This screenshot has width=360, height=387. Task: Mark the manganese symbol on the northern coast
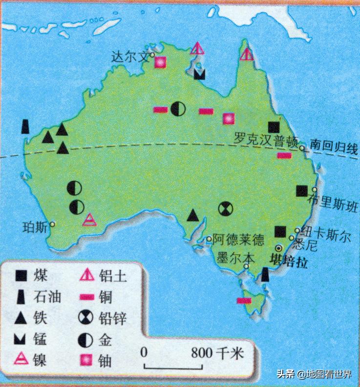[x=199, y=74]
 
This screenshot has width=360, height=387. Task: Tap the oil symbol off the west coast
[x=25, y=126]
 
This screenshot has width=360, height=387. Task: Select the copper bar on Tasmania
[x=244, y=301]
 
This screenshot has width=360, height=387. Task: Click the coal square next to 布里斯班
[x=302, y=191]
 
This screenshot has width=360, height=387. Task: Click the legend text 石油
[x=47, y=296]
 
